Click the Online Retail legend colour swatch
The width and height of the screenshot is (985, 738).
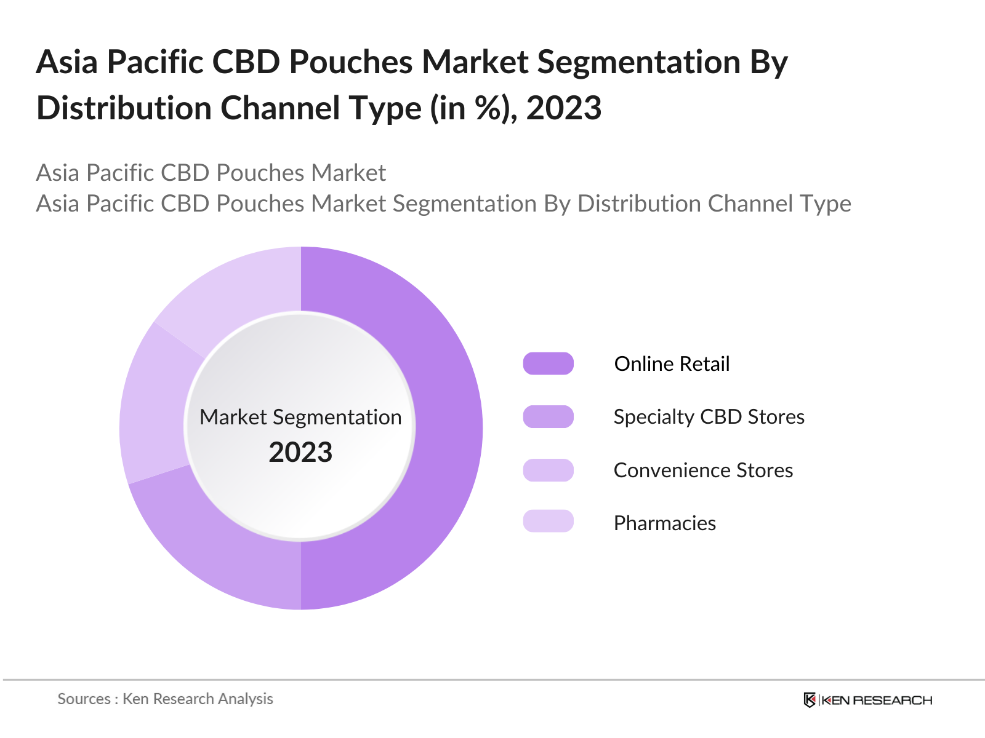[548, 363]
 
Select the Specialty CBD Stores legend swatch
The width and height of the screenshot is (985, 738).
[548, 417]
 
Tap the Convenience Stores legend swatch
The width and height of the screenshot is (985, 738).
[548, 470]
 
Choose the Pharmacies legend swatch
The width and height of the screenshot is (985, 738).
[548, 522]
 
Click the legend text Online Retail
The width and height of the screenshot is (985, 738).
[672, 364]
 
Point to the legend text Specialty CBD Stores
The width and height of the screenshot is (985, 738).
[709, 417]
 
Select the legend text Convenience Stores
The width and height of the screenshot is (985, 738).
[703, 470]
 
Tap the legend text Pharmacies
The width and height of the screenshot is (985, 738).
[665, 523]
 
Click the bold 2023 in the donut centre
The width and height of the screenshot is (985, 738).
[300, 453]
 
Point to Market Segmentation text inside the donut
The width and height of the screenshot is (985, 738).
[300, 418]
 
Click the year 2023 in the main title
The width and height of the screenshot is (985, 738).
[563, 109]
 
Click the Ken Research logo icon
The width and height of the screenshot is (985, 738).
[810, 700]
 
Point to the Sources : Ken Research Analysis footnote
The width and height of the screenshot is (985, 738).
[165, 699]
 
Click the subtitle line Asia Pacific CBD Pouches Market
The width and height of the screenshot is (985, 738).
[211, 173]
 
